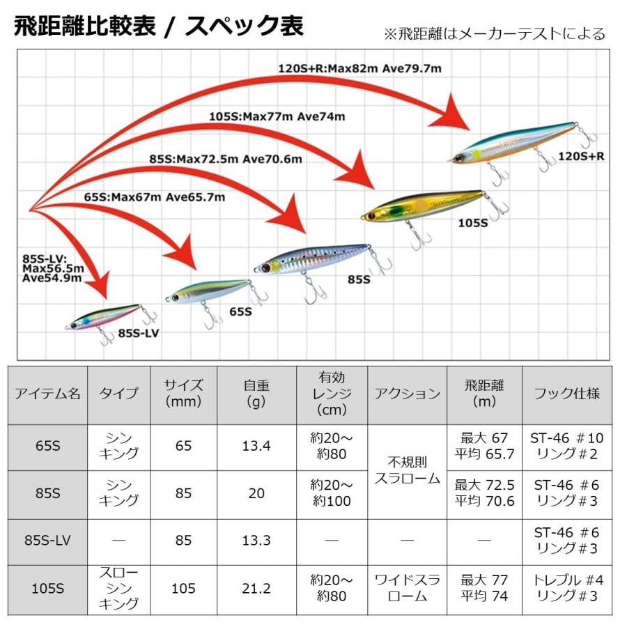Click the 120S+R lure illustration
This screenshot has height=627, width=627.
pos(516,143)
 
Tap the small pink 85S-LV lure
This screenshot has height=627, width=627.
pos(104,317)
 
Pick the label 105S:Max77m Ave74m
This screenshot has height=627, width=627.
pos(277,116)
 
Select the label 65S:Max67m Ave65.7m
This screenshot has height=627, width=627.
pos(155,197)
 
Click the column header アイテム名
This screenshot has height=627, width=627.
pos(47,394)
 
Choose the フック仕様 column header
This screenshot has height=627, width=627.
pos(566,394)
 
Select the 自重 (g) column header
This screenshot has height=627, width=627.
pos(256,394)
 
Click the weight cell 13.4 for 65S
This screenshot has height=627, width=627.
pos(256,447)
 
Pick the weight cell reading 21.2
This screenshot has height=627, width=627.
pos(256,588)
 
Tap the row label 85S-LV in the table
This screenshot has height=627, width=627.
pos(47,540)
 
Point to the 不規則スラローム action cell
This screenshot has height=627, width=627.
pos(408,470)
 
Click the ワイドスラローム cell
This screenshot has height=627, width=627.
pos(408,588)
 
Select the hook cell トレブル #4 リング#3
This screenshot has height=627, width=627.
pos(566,588)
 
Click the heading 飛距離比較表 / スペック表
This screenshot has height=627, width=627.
pos(159,26)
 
